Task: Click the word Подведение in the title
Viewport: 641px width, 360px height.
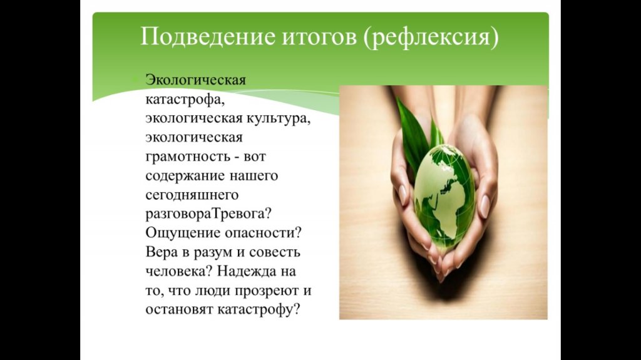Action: (x=208, y=37)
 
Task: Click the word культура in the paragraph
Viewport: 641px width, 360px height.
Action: (x=278, y=119)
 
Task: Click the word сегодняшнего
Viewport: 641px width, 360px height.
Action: (x=192, y=195)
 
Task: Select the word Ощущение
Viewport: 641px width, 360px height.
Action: (x=182, y=234)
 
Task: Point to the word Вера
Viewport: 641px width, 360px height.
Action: (x=162, y=252)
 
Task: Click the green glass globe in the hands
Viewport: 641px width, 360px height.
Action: (x=444, y=197)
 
